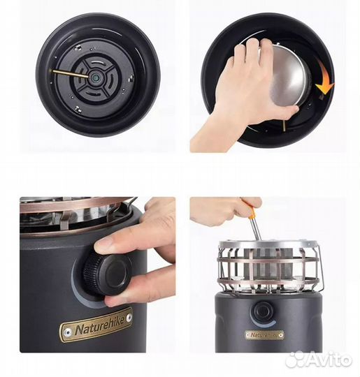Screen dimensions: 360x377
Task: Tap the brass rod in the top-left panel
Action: coord(69,73)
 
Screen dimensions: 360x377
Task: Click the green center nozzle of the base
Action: coord(95,77)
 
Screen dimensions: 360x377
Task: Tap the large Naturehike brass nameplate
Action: coord(96,325)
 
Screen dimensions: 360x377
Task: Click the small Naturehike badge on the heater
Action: coord(264,334)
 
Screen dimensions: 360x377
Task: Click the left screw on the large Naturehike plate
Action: coord(68,332)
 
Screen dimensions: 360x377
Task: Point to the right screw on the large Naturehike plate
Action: coord(129,318)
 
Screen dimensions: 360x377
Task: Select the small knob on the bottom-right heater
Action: coord(262,312)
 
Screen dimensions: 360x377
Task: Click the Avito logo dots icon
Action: coord(296,359)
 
